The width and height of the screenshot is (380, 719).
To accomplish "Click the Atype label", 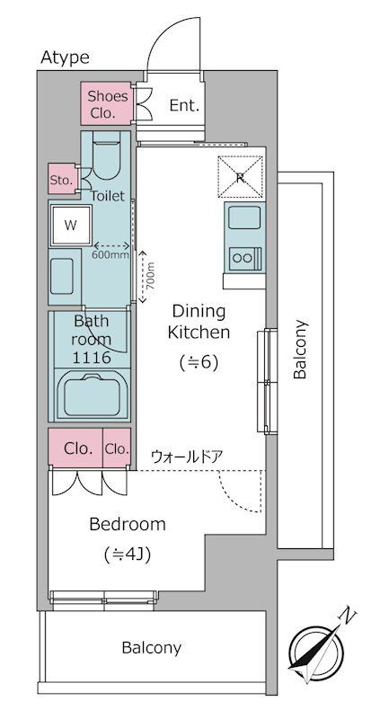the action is click(x=65, y=58).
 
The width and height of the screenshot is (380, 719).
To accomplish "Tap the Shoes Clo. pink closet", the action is click(x=107, y=103).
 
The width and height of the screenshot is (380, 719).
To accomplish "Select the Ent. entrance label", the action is click(x=185, y=106).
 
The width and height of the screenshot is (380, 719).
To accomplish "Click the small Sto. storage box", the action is click(x=62, y=179).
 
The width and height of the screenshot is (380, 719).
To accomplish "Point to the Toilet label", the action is click(x=108, y=196).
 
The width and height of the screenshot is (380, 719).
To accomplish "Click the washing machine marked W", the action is click(x=71, y=226).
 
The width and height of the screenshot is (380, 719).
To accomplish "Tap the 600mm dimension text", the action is click(x=110, y=255).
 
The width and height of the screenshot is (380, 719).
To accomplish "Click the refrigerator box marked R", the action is click(x=240, y=177).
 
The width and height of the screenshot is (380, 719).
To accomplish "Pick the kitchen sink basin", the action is click(x=244, y=217).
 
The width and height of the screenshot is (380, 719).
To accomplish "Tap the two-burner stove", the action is click(x=244, y=258).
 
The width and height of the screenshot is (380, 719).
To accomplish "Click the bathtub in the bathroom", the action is click(x=93, y=395).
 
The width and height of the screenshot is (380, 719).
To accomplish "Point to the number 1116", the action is click(x=93, y=357).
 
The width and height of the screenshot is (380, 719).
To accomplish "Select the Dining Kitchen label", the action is click(x=199, y=322).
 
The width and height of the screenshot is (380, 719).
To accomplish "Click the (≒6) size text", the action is click(x=198, y=363).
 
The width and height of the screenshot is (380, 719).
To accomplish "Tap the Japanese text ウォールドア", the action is click(x=187, y=457).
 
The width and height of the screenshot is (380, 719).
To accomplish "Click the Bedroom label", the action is click(x=128, y=524).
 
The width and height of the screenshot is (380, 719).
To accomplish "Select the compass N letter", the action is click(x=349, y=617).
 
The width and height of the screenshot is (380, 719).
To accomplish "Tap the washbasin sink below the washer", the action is click(x=62, y=276).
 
